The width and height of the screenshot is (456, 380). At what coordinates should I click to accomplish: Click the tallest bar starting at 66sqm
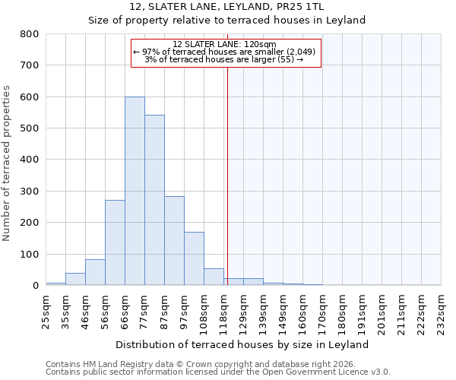pos(135,191)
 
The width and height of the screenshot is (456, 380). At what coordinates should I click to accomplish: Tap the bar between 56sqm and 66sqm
pos(115,242)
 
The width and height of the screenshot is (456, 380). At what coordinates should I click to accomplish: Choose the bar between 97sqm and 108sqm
pos(194,258)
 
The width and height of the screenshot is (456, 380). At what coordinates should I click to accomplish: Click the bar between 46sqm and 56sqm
pos(95,272)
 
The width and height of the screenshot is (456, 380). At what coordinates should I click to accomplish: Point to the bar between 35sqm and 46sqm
pos(75,279)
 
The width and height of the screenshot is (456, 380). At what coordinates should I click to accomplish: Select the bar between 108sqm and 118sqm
pos(214,277)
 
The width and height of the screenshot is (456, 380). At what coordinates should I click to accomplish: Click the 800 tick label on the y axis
pos(30,34)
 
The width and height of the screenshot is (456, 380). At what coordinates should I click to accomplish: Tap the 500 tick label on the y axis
pos(30,128)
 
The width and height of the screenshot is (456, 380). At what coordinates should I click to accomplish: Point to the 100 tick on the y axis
pos(30,254)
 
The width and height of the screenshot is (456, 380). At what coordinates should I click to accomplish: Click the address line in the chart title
pos(227,7)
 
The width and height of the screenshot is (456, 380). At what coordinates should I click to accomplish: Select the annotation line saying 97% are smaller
pos(226,52)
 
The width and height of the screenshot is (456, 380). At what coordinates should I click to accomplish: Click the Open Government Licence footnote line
pos(218,372)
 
